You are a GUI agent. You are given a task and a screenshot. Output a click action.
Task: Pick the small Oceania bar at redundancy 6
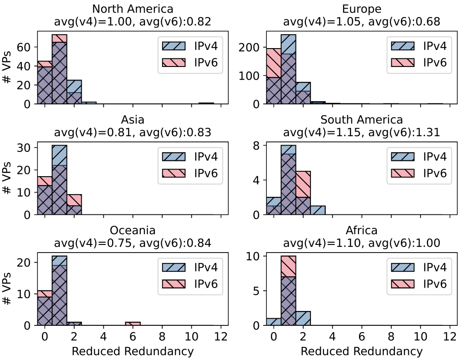(x=133, y=324)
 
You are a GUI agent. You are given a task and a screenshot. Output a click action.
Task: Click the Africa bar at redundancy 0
(x=273, y=322)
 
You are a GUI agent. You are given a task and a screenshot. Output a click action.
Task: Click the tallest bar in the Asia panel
(x=59, y=180)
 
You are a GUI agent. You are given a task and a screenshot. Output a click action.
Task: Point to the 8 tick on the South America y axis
(x=256, y=146)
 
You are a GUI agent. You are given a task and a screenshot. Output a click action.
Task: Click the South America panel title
(x=361, y=120)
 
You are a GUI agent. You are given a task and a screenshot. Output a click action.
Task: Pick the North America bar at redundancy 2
(x=74, y=92)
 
